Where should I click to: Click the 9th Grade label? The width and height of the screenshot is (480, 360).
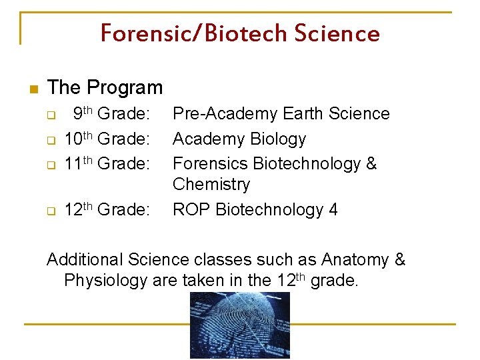click(111, 114)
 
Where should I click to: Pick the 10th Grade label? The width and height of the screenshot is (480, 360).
click(107, 139)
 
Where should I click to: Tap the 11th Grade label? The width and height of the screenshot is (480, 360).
click(107, 163)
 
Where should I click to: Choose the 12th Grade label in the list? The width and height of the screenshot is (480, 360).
click(107, 210)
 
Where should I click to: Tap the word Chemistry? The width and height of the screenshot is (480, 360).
click(211, 184)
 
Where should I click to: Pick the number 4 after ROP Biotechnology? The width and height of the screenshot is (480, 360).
click(333, 210)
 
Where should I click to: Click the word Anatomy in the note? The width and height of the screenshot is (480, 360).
click(356, 259)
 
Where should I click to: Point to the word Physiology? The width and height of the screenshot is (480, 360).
click(105, 281)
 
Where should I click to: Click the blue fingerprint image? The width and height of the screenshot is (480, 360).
click(239, 326)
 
